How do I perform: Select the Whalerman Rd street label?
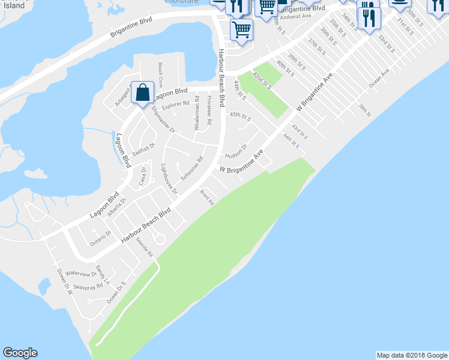tap(197, 114)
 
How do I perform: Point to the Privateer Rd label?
tap(209, 110)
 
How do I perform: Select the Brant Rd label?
tap(207, 197)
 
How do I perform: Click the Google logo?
tap(20, 353)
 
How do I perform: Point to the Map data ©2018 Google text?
tap(411, 355)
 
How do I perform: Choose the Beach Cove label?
tap(160, 73)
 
